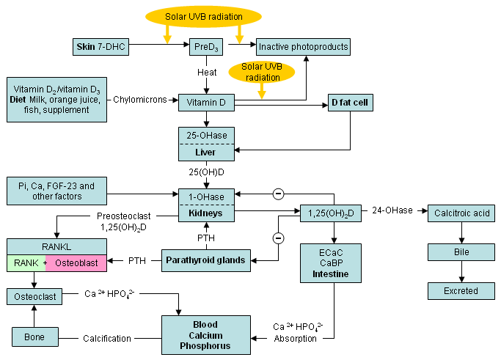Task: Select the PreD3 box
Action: coord(205,48)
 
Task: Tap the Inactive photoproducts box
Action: coord(303,48)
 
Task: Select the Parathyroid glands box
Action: coord(205,260)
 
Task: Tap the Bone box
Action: coord(34,337)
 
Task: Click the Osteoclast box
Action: coord(34,296)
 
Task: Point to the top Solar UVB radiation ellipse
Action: coord(203,16)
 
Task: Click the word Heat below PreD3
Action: coord(206,73)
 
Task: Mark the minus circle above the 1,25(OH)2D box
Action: coord(278,194)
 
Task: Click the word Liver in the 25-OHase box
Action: coord(205,153)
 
